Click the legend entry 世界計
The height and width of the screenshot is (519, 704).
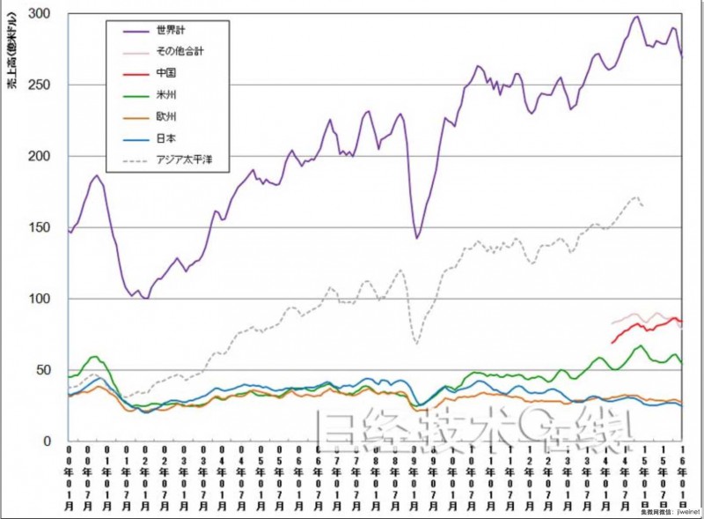click(x=168, y=30)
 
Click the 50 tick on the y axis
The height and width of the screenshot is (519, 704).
click(x=44, y=370)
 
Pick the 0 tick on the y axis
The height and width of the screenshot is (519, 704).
click(x=48, y=441)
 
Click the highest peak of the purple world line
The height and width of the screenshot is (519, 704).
click(x=637, y=16)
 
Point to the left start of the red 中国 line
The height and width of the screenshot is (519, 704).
click(x=612, y=343)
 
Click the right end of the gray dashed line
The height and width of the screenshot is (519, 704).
click(x=644, y=205)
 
